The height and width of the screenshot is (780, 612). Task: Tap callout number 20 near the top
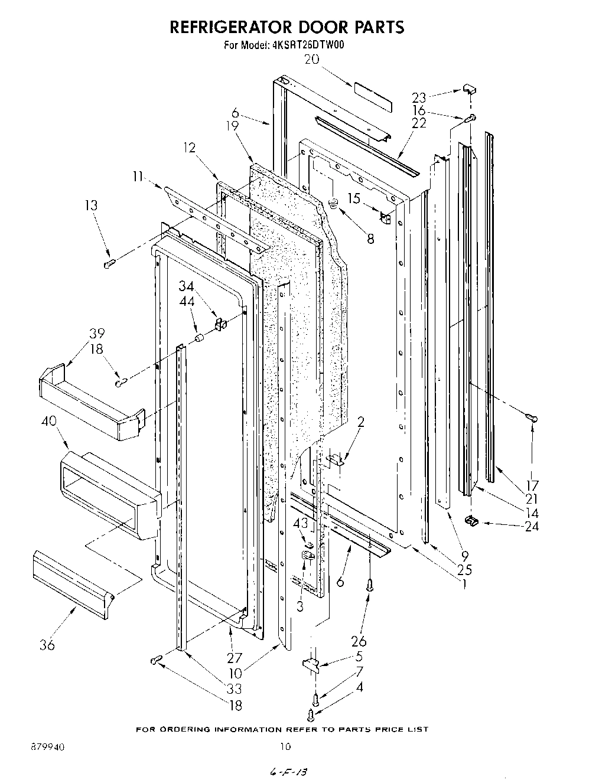tap(312, 58)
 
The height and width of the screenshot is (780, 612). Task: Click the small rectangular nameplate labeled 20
tap(373, 96)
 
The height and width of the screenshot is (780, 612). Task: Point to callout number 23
tap(419, 97)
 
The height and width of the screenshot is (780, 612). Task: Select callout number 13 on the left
tap(91, 205)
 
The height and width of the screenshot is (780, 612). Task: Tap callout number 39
tap(97, 333)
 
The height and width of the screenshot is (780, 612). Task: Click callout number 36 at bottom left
tap(47, 645)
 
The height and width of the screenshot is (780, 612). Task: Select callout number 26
tap(359, 641)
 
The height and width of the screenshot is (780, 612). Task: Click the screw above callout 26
tap(370, 585)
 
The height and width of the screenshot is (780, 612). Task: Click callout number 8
tap(370, 239)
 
